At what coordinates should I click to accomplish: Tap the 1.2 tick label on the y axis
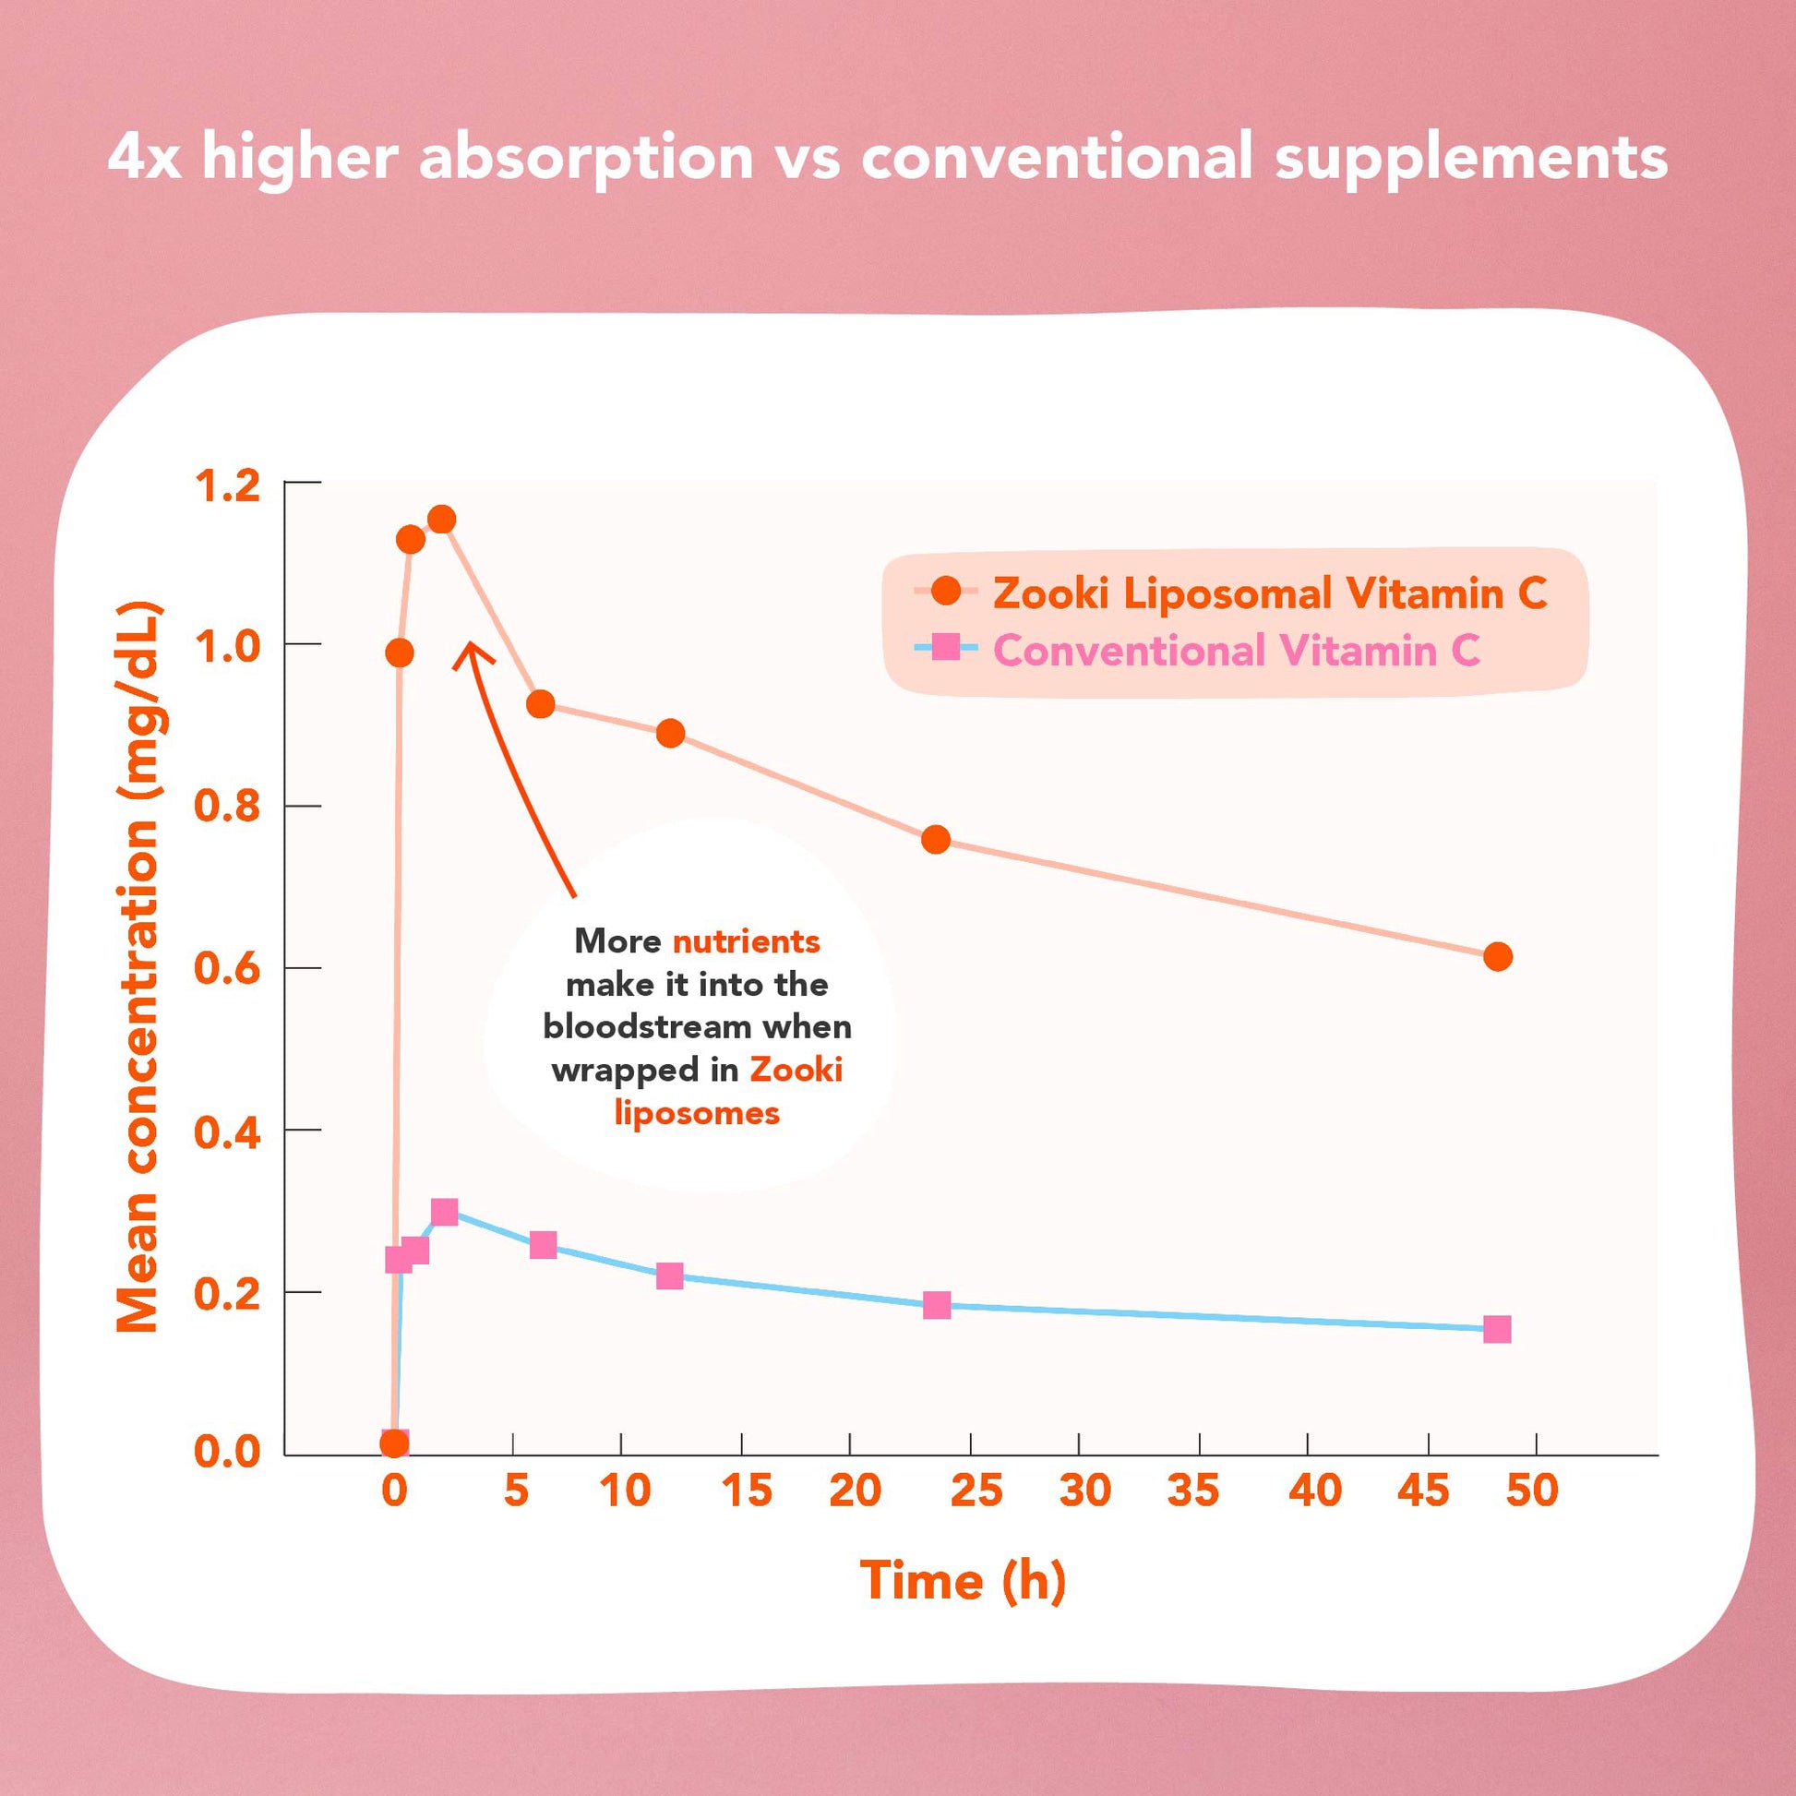pyautogui.click(x=227, y=486)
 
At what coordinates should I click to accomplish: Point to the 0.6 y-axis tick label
pyautogui.click(x=227, y=970)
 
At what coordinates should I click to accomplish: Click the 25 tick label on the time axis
pyautogui.click(x=976, y=1491)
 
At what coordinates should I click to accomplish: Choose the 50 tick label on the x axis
pyautogui.click(x=1532, y=1491)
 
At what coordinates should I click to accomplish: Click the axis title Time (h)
pyautogui.click(x=962, y=1580)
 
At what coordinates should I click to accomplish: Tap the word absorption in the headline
pyautogui.click(x=586, y=156)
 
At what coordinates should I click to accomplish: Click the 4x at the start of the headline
pyautogui.click(x=143, y=156)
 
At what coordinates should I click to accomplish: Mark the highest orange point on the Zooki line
pyautogui.click(x=441, y=519)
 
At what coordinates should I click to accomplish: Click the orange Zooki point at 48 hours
pyautogui.click(x=1498, y=956)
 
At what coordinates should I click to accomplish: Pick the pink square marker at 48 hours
pyautogui.click(x=1497, y=1329)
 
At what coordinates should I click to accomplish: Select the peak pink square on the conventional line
pyautogui.click(x=444, y=1212)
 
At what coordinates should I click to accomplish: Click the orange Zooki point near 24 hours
pyautogui.click(x=936, y=840)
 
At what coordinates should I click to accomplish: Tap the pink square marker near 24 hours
pyautogui.click(x=937, y=1305)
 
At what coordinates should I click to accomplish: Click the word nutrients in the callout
pyautogui.click(x=746, y=941)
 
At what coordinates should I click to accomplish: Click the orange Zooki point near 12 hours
pyautogui.click(x=670, y=734)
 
